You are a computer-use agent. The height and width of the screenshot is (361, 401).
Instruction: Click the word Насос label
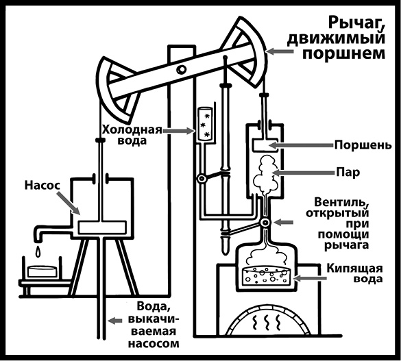click(45, 186)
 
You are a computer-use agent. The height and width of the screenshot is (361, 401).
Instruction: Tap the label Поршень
click(352, 145)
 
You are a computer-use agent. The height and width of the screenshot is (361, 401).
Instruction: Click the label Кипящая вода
click(352, 271)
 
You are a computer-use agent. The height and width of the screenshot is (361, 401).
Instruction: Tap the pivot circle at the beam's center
click(180, 70)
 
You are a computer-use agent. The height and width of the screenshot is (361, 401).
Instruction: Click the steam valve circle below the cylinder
click(264, 223)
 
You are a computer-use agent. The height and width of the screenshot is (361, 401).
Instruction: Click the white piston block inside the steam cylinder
click(262, 145)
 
